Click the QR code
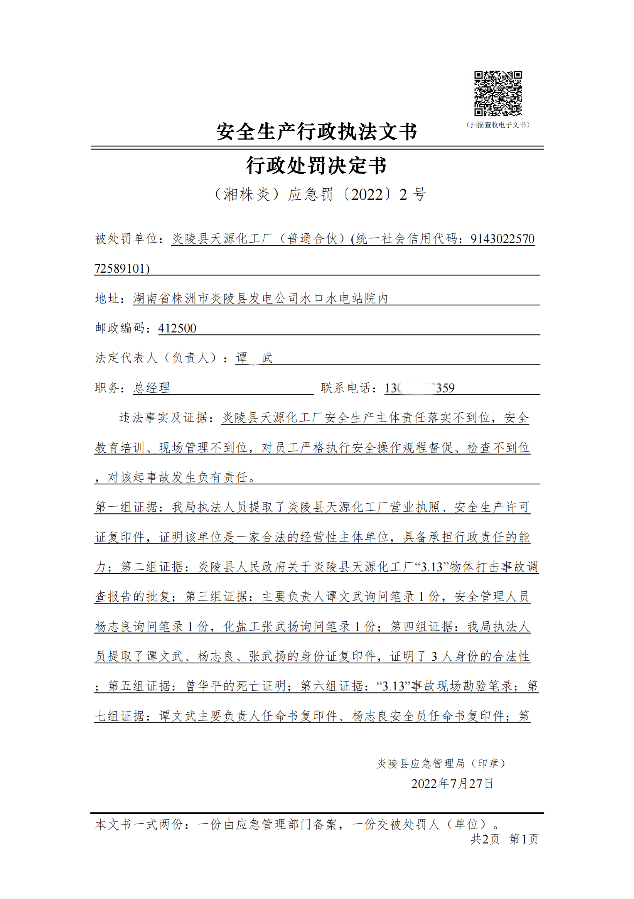498,94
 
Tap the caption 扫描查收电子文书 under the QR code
498,125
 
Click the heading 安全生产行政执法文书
316,132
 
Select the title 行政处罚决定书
316,165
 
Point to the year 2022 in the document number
367,195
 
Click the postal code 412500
177,328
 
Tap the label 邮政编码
120,328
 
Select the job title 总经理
152,388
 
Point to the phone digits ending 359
445,388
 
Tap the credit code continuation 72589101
122,268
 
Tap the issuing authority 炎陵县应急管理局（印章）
441,763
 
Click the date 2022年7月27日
452,784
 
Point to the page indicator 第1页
524,839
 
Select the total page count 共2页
485,839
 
